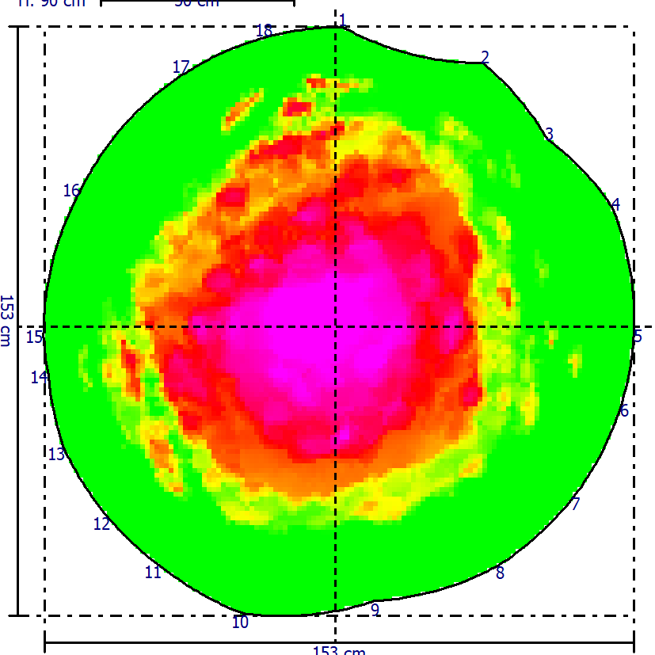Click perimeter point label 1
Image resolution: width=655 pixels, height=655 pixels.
tap(343, 20)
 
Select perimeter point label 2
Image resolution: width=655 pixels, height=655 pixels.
tap(485, 57)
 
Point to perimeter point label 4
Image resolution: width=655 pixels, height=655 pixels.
tap(615, 204)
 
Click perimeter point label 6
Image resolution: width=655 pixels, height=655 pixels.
tap(624, 410)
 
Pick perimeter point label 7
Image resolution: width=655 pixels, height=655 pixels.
tap(576, 503)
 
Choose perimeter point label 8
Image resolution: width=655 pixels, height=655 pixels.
tap(500, 573)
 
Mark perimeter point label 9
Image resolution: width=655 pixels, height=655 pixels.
tap(375, 609)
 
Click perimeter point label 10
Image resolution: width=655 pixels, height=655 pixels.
tap(240, 623)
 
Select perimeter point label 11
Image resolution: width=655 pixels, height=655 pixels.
tap(153, 572)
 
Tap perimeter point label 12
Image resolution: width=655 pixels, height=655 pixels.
tap(101, 524)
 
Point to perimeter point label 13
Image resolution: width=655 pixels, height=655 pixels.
tap(56, 455)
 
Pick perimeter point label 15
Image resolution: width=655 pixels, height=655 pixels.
tap(34, 337)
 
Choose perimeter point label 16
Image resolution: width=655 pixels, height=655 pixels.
tap(72, 190)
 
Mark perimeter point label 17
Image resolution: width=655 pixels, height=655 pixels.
tap(181, 67)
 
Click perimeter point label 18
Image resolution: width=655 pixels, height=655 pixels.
tap(264, 31)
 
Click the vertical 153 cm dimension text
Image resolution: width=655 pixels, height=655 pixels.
tap(6, 320)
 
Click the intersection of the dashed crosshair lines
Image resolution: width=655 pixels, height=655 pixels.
tap(335, 326)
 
